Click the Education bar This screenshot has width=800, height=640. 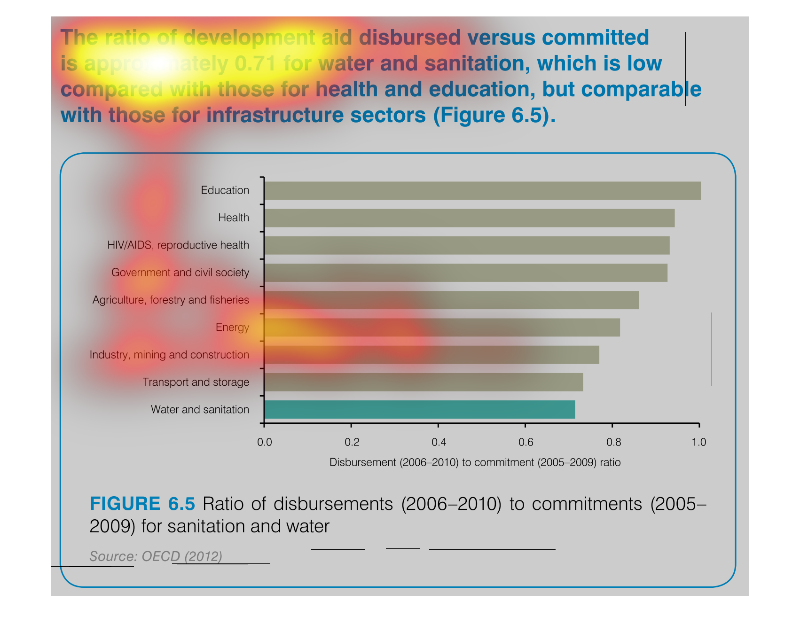[482, 191]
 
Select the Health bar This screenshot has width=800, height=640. [469, 218]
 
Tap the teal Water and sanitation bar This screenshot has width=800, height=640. [419, 410]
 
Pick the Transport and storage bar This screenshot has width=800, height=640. [424, 382]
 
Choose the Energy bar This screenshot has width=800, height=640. [442, 328]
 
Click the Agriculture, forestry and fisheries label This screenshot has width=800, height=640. [171, 300]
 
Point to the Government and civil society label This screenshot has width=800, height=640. [180, 273]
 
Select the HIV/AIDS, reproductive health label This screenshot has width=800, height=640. [178, 245]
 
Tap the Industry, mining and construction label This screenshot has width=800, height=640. [169, 355]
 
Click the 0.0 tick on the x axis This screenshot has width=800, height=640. [265, 442]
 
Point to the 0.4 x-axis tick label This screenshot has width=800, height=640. [439, 442]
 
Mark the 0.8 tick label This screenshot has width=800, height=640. [613, 442]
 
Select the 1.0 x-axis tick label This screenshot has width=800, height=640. [699, 442]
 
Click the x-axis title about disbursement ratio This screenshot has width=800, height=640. [475, 463]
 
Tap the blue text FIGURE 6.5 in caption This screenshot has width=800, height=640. [142, 504]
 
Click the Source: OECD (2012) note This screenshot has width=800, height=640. [156, 556]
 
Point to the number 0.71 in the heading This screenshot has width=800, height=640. [254, 64]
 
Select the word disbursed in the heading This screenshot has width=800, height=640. [409, 38]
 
